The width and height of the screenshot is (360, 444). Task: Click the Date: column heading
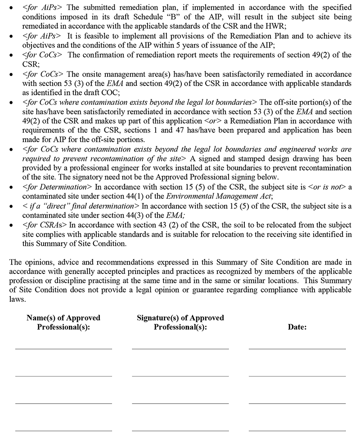(297, 327)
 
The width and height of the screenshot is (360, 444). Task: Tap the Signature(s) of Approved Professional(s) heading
(180, 323)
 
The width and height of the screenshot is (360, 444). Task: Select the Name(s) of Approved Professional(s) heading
(63, 323)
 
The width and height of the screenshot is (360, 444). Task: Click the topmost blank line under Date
(297, 348)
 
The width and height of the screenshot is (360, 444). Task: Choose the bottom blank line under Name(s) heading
(63, 430)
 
